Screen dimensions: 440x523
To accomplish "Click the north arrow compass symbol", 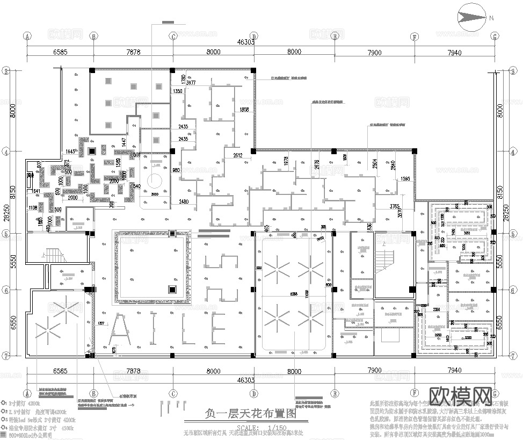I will pos(470,17).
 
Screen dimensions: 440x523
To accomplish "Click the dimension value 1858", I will pos(244,110).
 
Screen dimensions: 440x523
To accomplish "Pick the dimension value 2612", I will pos(238,155).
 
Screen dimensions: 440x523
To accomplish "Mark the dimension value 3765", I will pos(396,206).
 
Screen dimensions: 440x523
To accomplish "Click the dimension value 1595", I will pos(406,178).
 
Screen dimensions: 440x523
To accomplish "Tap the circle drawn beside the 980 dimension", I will pos(155,181).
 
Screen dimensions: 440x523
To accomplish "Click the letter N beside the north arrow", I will pos(491,18).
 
